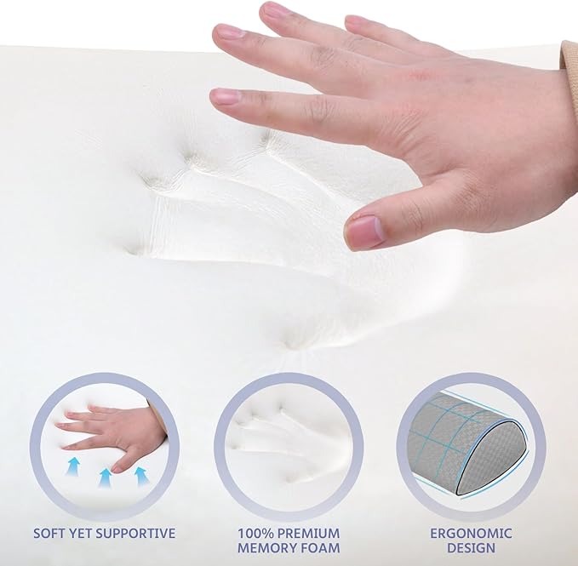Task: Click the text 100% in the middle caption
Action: [255, 533]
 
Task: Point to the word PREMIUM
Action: [308, 533]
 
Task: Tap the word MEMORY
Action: [266, 547]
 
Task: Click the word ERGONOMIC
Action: [471, 533]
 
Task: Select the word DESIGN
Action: [471, 547]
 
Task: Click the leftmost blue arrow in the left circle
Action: [73, 466]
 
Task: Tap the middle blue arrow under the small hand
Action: [105, 477]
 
